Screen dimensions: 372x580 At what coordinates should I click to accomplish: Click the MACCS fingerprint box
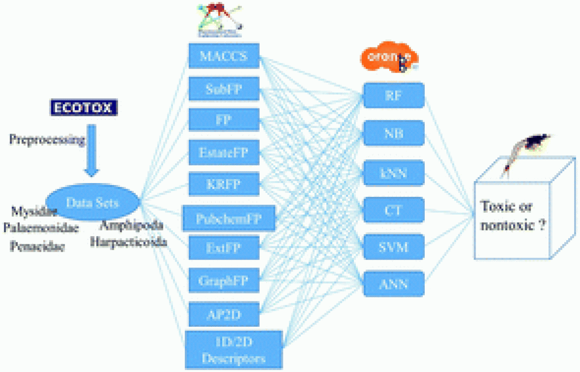click(x=224, y=56)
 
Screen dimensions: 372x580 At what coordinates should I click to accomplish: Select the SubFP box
click(x=224, y=89)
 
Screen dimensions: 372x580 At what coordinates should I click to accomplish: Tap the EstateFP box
click(x=224, y=152)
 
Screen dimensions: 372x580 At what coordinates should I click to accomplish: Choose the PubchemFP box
click(x=229, y=218)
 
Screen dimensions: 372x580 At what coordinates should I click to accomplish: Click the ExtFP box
click(x=224, y=248)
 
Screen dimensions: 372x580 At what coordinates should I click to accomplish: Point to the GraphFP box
click(x=224, y=281)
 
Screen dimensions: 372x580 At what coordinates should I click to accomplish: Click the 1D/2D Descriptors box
click(x=234, y=349)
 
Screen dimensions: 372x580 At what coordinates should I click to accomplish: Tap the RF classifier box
click(x=394, y=95)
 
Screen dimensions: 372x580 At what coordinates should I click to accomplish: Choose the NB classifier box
click(x=394, y=133)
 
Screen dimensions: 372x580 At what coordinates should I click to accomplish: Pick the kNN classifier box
click(x=394, y=173)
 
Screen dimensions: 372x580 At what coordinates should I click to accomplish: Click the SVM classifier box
click(x=394, y=246)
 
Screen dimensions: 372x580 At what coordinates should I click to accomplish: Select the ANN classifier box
click(x=394, y=284)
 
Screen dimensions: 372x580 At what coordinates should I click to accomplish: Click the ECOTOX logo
click(x=84, y=108)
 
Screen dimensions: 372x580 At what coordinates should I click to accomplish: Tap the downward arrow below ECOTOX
click(x=92, y=150)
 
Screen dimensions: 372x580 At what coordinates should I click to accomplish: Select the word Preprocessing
click(x=47, y=140)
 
